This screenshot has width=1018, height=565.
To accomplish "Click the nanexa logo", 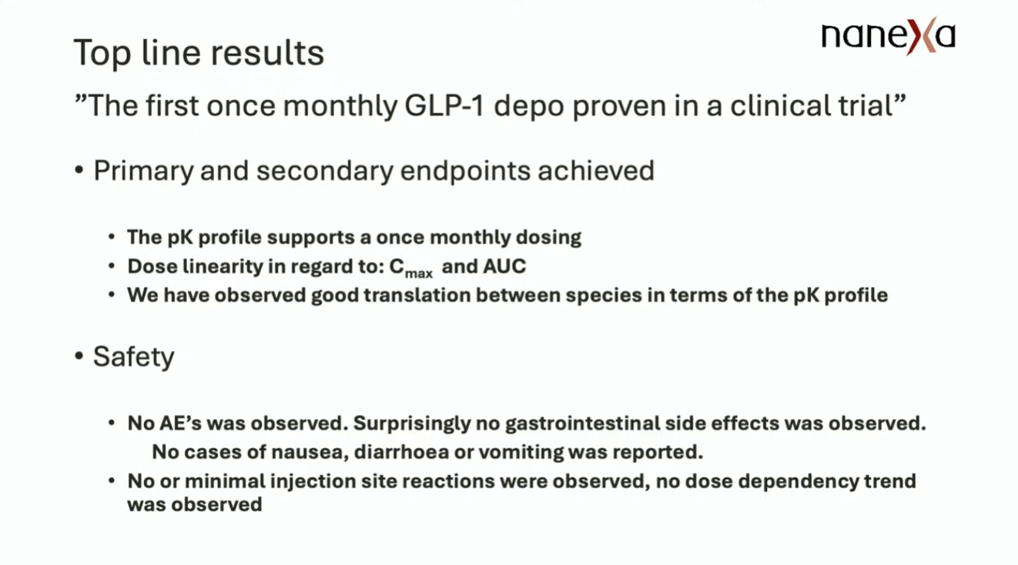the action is tap(888, 36).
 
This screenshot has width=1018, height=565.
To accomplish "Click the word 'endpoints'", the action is tap(465, 172).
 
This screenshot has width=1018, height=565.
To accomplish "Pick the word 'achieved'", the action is tap(596, 171).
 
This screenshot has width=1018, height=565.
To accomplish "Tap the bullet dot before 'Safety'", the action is tap(79, 356).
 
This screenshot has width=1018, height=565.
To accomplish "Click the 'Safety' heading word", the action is tap(134, 357).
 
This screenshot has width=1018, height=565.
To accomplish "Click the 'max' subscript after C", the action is tap(419, 274).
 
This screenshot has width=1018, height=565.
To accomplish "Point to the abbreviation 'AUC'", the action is tap(505, 266).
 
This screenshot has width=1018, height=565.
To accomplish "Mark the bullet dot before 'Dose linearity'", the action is tap(112, 266).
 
